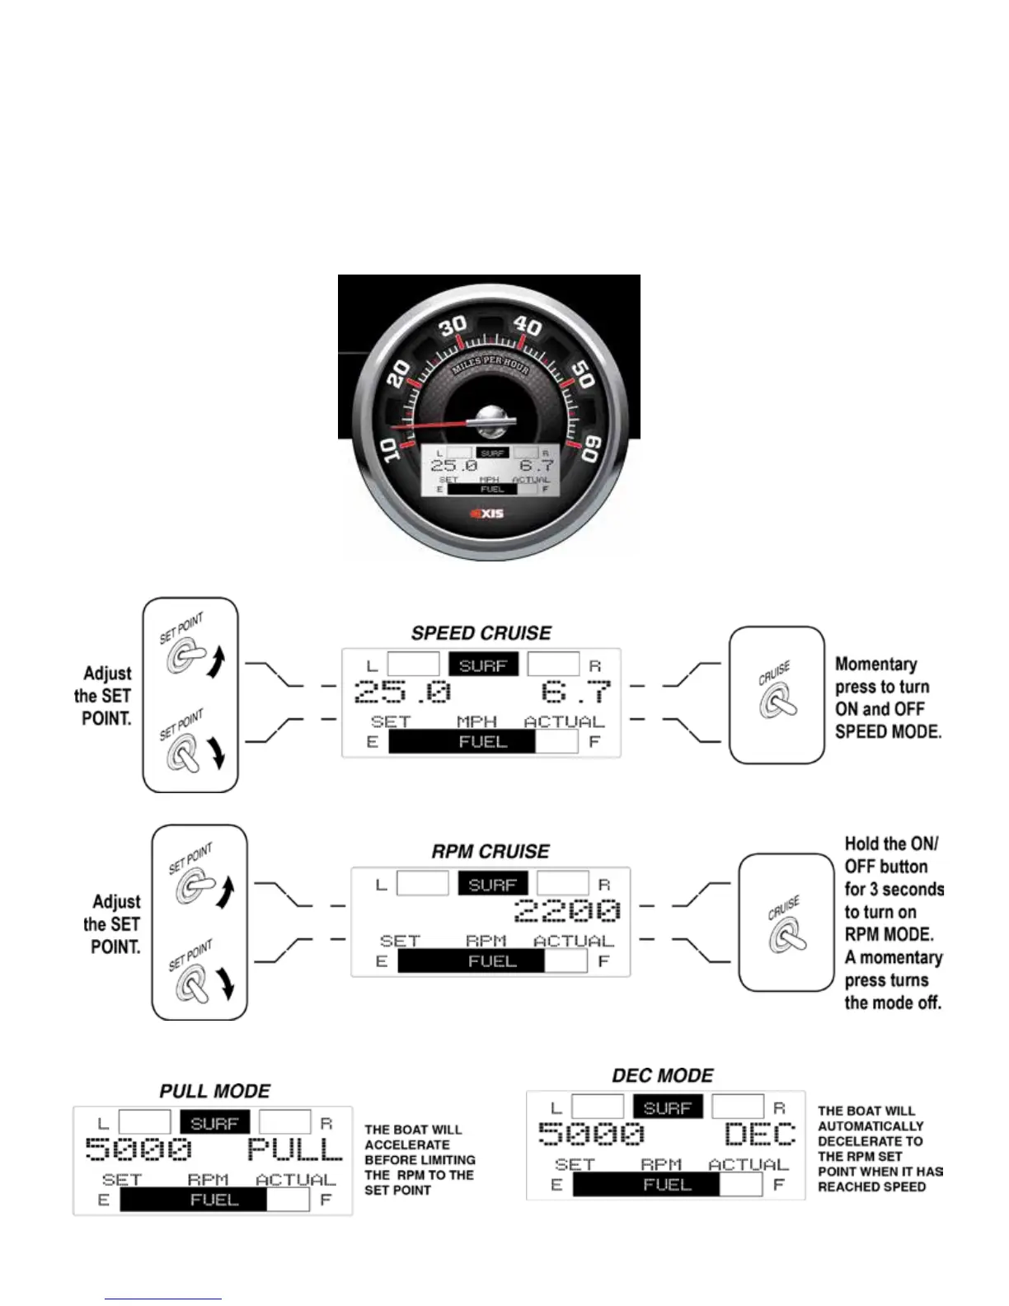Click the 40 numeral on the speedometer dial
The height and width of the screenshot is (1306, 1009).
click(528, 326)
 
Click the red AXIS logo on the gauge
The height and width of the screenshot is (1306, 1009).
click(487, 514)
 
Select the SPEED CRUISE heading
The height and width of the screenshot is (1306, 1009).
click(481, 633)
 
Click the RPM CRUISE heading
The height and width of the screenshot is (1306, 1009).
click(490, 852)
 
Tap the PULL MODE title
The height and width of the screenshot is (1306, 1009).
click(215, 1092)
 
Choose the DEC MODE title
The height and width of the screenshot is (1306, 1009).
click(663, 1076)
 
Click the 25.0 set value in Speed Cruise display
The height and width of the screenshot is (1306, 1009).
click(403, 691)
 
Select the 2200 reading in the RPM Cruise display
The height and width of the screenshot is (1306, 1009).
click(567, 910)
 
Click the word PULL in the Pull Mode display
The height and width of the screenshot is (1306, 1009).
click(294, 1149)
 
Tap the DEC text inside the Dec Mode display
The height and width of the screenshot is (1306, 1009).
click(760, 1135)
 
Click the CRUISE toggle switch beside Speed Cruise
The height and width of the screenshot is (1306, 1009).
click(778, 701)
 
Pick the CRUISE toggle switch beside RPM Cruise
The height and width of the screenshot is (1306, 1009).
click(787, 936)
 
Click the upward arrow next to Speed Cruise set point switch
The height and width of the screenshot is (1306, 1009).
click(216, 662)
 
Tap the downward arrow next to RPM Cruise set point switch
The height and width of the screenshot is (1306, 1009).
click(226, 983)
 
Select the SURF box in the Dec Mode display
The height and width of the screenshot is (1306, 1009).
click(668, 1107)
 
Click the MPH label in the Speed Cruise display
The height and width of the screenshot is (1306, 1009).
click(476, 722)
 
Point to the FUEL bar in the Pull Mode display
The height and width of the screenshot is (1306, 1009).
click(214, 1200)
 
